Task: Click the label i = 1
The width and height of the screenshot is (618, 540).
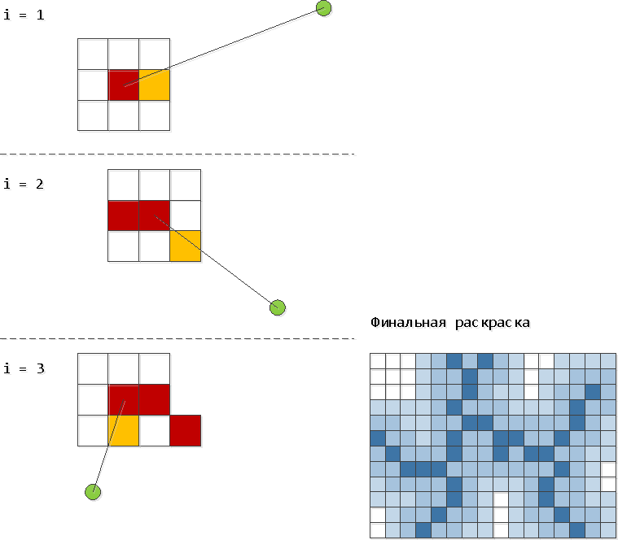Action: coord(24,15)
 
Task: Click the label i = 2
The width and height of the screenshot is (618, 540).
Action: coord(24,184)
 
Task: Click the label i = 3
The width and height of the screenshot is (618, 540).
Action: coord(24,368)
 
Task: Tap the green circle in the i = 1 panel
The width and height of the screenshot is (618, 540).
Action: coord(323,8)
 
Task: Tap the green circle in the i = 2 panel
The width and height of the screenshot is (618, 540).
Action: coord(278,307)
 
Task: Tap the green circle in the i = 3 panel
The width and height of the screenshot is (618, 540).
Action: coord(93,492)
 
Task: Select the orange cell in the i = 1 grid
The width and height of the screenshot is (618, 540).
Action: coord(155,85)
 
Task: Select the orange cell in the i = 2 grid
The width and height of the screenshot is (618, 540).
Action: coord(186,246)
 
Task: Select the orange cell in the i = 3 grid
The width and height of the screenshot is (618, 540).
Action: coord(124,430)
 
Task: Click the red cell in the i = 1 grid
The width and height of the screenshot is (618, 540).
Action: coord(124,85)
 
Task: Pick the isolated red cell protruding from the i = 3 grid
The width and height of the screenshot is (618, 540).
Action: coord(186,430)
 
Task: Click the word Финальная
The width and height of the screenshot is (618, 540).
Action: coord(408,323)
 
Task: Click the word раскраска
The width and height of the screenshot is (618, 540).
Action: coord(493,324)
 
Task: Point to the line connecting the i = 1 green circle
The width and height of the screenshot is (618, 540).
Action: coord(224,47)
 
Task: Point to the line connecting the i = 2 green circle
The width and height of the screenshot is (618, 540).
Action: coord(217,262)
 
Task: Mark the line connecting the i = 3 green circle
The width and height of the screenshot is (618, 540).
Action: coord(109,446)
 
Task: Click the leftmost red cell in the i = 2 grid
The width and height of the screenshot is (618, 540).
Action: coord(124,216)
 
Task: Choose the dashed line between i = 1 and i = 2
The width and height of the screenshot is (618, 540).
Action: coord(178,155)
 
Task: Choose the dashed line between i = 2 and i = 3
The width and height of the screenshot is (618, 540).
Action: coord(178,338)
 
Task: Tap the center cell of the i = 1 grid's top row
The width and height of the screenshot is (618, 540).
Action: coord(124,54)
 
